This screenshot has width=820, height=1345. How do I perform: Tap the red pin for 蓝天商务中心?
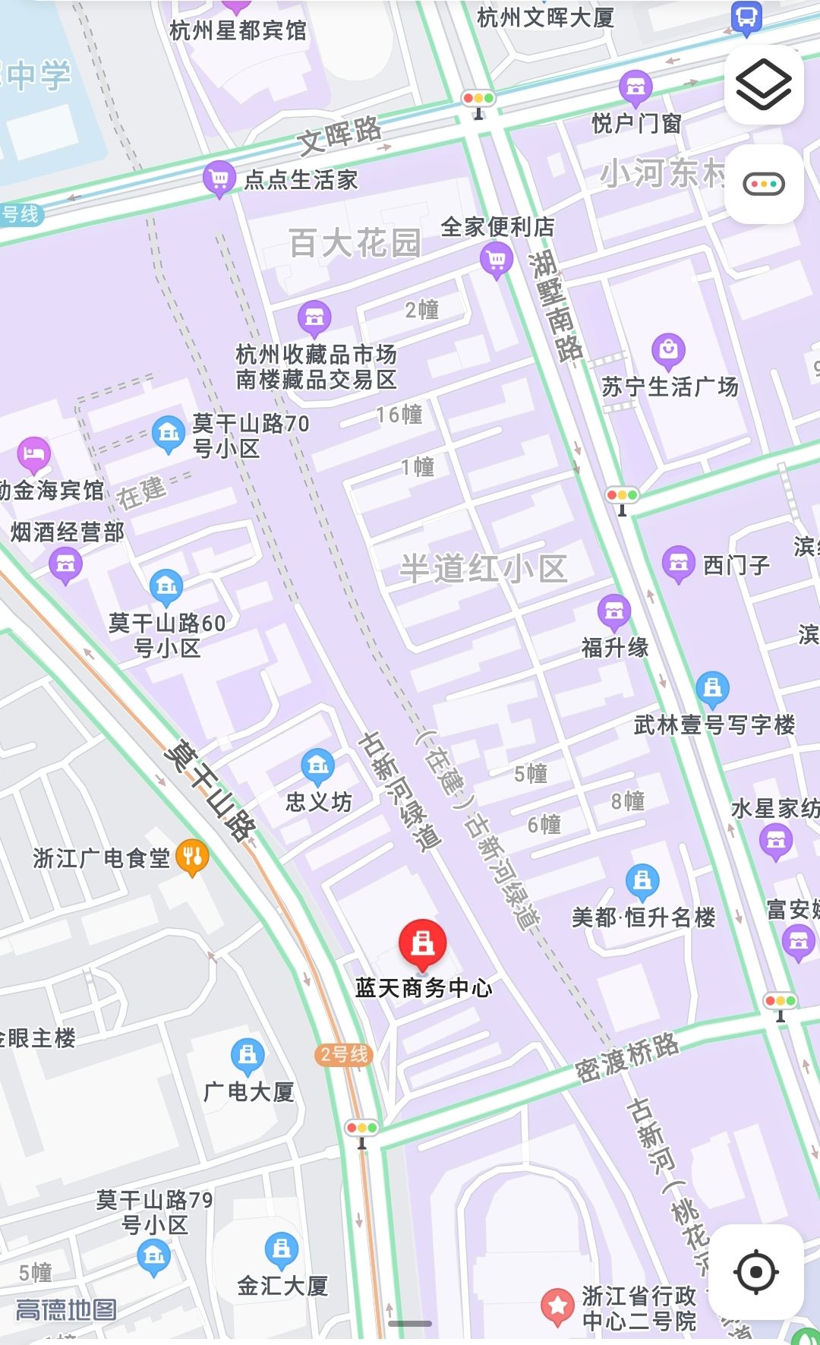pos(422,944)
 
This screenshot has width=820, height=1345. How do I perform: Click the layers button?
pos(763,84)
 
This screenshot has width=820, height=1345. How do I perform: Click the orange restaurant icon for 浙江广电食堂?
pos(192,857)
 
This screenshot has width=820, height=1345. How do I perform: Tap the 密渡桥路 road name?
pos(626,1057)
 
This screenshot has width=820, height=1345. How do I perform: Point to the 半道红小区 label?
pos(484,568)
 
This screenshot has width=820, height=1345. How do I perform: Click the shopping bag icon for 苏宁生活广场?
pos(668,350)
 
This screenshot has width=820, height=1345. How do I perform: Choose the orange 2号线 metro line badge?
pos(344,1054)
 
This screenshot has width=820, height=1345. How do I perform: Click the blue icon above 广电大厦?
pos(248,1054)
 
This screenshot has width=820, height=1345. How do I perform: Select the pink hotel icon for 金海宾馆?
pos(33,455)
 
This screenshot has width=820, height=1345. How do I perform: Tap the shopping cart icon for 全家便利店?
pos(497,260)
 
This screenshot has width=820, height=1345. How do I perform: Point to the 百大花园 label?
pos(355,244)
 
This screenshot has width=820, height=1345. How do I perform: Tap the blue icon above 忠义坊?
pos(318,766)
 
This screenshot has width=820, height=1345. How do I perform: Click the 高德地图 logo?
pos(67,1309)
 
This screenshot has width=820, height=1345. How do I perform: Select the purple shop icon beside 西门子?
pos(678,564)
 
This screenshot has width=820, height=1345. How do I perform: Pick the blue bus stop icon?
pos(746,17)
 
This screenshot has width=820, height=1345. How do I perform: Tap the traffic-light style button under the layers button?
pos(763,184)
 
